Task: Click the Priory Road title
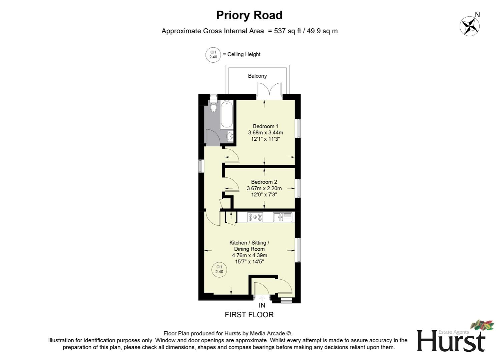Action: pyautogui.click(x=249, y=15)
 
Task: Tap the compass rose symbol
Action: pyautogui.click(x=469, y=26)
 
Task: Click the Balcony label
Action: pyautogui.click(x=257, y=76)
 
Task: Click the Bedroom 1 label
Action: pyautogui.click(x=266, y=126)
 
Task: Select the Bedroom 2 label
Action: pyautogui.click(x=264, y=182)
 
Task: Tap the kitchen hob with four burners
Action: pyautogui.click(x=255, y=217)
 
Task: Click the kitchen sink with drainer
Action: pyautogui.click(x=283, y=217)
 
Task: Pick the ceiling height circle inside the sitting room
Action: pyautogui.click(x=219, y=269)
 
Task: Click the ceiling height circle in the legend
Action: pyautogui.click(x=213, y=55)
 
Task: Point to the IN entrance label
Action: pyautogui.click(x=262, y=305)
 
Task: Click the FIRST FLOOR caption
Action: pyautogui.click(x=249, y=315)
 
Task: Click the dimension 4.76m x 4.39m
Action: pyautogui.click(x=249, y=255)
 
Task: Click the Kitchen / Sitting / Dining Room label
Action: pyautogui.click(x=249, y=246)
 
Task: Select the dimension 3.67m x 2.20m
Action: pyautogui.click(x=264, y=188)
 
